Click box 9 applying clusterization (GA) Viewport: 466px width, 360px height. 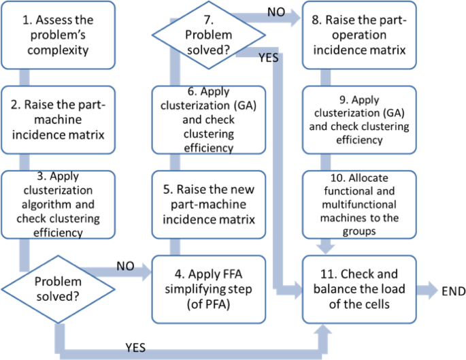pyautogui.click(x=355, y=120)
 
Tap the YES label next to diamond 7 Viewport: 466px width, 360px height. pyautogui.click(x=269, y=59)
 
